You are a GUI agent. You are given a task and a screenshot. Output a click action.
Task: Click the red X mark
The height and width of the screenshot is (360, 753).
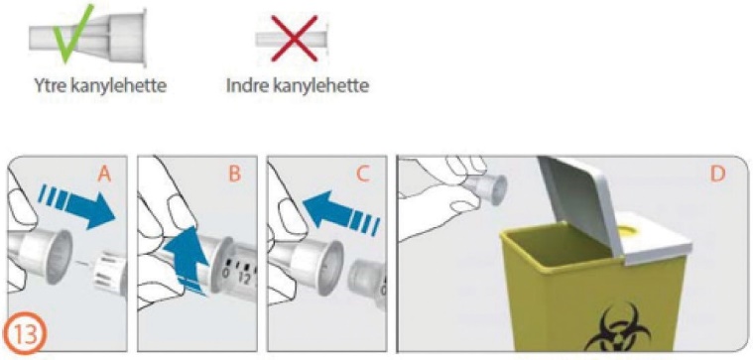pyautogui.click(x=294, y=38)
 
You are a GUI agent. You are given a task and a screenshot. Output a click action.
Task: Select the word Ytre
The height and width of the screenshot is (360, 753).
pyautogui.click(x=52, y=87)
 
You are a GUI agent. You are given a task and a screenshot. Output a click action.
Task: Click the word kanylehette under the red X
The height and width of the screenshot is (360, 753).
pyautogui.click(x=320, y=86)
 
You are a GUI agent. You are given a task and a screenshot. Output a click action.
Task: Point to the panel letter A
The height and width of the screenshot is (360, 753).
pyautogui.click(x=105, y=175)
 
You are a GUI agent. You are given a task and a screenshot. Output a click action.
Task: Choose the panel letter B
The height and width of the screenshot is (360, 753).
pyautogui.click(x=234, y=175)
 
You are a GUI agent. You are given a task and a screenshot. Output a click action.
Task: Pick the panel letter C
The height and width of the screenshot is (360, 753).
pyautogui.click(x=364, y=175)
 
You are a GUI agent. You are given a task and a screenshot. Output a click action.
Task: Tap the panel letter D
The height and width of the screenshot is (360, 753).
pyautogui.click(x=717, y=175)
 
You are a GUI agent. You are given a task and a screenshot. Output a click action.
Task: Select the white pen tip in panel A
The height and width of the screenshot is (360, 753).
pyautogui.click(x=110, y=274)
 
